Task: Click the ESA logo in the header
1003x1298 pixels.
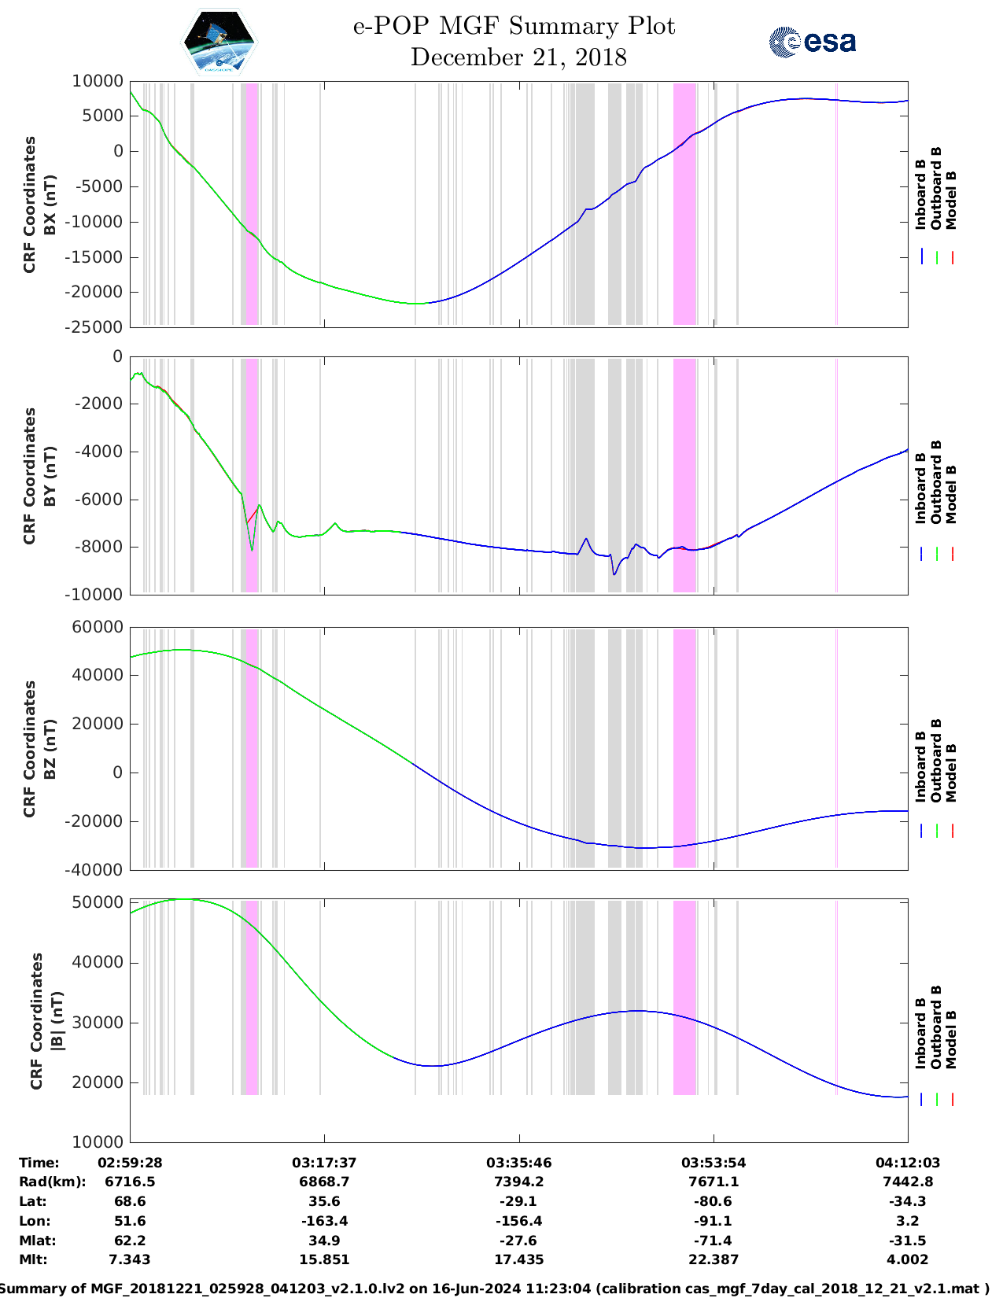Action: click(x=813, y=42)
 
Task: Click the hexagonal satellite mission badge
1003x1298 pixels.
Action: click(x=219, y=42)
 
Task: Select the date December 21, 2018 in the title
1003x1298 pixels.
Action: click(x=518, y=57)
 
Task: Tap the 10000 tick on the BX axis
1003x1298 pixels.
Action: click(x=98, y=81)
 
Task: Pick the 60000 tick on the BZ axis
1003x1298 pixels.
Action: click(x=98, y=627)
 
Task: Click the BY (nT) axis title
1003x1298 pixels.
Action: click(x=50, y=475)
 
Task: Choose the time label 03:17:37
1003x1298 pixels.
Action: click(x=324, y=1163)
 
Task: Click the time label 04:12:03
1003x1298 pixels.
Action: click(x=908, y=1163)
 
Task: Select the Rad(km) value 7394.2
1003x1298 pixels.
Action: click(x=518, y=1182)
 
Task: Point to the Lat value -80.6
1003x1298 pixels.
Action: click(x=714, y=1201)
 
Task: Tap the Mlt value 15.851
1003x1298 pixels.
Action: click(x=324, y=1259)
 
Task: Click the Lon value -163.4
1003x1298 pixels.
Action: click(x=324, y=1221)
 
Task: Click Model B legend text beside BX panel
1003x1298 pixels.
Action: click(x=951, y=200)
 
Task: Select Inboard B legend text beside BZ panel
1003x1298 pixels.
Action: click(x=920, y=767)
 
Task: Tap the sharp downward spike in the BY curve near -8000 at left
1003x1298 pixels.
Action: click(x=252, y=550)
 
